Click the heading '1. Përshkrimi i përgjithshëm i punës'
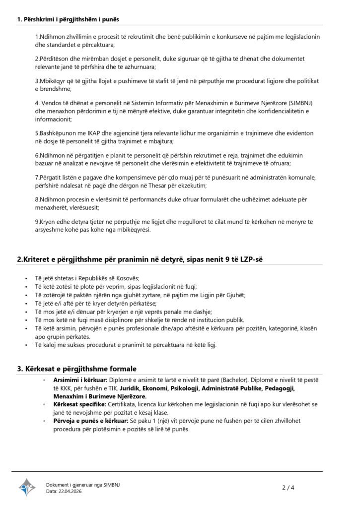(x=68, y=19)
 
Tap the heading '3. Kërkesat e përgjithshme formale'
(x=77, y=369)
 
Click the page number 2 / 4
(x=288, y=487)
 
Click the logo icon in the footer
(x=27, y=487)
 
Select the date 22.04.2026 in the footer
(x=70, y=491)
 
